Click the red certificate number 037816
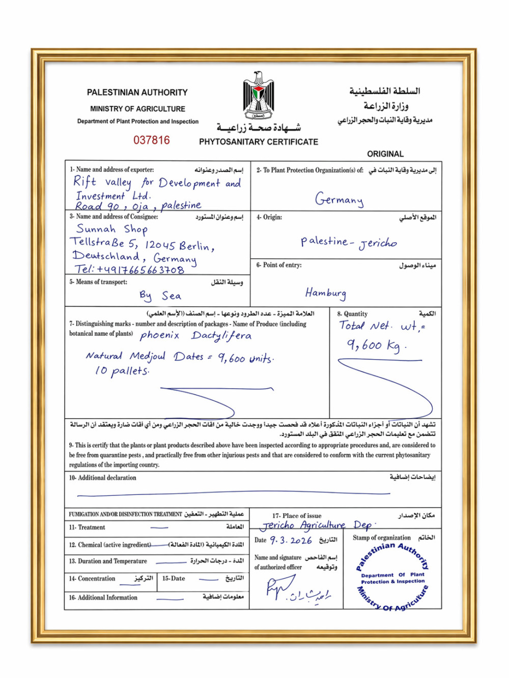click(152, 140)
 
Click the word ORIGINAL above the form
click(385, 154)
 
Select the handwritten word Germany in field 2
click(339, 199)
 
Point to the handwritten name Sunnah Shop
click(112, 229)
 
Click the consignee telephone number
click(130, 270)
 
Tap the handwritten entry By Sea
click(160, 296)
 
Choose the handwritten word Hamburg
click(326, 293)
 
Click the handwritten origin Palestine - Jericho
click(349, 242)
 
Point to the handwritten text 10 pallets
click(122, 371)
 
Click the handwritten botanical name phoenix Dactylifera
click(195, 335)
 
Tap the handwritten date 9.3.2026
click(291, 540)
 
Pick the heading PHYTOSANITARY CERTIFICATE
click(259, 142)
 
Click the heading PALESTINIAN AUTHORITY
click(137, 93)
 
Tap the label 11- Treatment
click(87, 527)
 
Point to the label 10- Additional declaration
click(103, 478)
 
